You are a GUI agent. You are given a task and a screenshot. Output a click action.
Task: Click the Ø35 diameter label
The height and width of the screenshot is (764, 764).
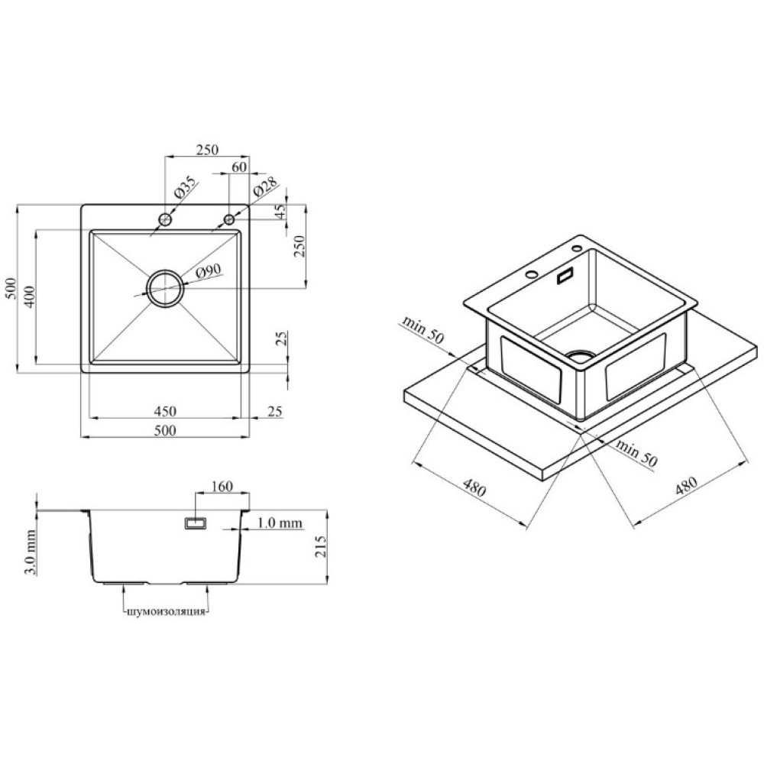point(185,188)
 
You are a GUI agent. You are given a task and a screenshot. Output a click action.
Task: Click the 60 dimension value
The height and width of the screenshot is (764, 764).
point(239,167)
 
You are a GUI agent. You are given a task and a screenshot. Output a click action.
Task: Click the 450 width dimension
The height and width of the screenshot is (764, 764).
point(165,412)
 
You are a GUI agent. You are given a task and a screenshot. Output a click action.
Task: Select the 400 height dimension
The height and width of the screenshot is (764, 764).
point(29,296)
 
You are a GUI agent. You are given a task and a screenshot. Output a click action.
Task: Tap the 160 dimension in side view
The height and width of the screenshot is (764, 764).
point(222,486)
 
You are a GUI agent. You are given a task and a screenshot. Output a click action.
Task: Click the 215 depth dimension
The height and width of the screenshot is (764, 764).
point(321,547)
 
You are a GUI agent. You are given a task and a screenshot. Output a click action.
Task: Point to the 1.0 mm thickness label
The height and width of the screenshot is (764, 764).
point(279,523)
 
